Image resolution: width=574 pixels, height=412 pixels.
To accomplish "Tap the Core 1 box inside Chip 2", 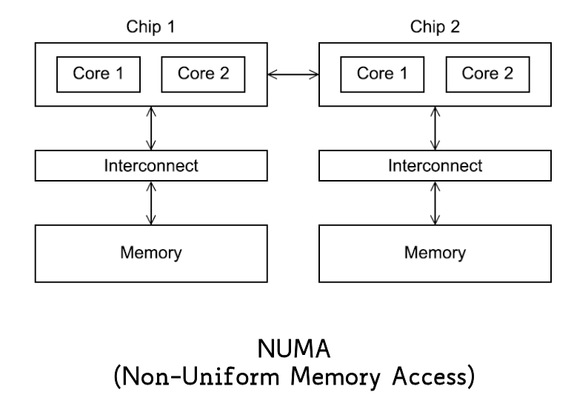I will (x=381, y=73).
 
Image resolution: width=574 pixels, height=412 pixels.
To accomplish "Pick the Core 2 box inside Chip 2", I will (x=487, y=73).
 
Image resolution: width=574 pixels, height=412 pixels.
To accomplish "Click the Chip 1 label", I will (x=151, y=28).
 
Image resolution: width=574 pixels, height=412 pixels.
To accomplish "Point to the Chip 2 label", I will (x=434, y=28).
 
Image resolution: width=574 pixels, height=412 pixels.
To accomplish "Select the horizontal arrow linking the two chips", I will (x=293, y=73).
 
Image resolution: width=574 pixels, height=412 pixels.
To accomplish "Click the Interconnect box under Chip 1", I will (x=151, y=165).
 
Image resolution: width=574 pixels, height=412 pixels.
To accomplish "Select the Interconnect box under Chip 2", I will (x=435, y=165).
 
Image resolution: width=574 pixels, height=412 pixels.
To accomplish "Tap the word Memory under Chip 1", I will (x=151, y=253).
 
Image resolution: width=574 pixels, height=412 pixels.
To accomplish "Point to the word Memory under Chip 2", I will (x=435, y=253).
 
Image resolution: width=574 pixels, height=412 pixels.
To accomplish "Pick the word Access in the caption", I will (x=424, y=376).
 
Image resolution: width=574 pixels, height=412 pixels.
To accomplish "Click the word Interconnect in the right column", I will (x=435, y=165).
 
